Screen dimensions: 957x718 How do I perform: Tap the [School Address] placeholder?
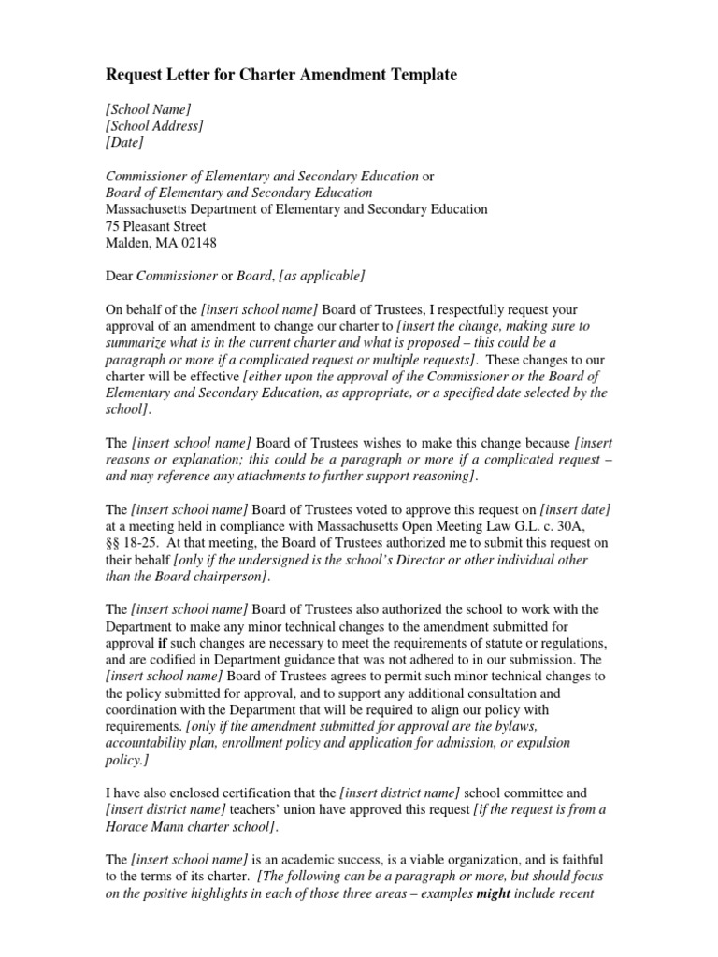(x=154, y=126)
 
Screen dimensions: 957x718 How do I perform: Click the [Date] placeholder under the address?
(x=124, y=143)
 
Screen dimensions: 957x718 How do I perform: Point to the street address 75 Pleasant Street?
(x=155, y=226)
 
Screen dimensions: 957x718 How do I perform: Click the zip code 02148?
(x=196, y=243)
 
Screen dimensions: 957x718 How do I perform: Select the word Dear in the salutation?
(x=119, y=276)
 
